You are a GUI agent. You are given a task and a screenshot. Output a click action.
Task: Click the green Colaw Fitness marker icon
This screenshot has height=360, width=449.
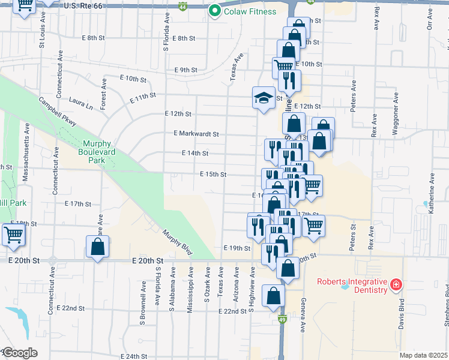[214, 11]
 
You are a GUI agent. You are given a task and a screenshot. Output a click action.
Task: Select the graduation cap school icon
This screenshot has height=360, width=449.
[263, 98]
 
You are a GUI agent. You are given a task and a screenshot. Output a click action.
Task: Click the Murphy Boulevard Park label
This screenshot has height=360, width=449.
[98, 152]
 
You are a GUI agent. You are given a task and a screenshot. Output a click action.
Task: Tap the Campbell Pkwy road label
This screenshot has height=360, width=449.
[58, 112]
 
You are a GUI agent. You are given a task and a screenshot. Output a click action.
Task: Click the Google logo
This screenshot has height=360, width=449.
[19, 353]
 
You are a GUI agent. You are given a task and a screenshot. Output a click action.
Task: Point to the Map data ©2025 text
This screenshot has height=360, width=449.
[423, 356]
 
